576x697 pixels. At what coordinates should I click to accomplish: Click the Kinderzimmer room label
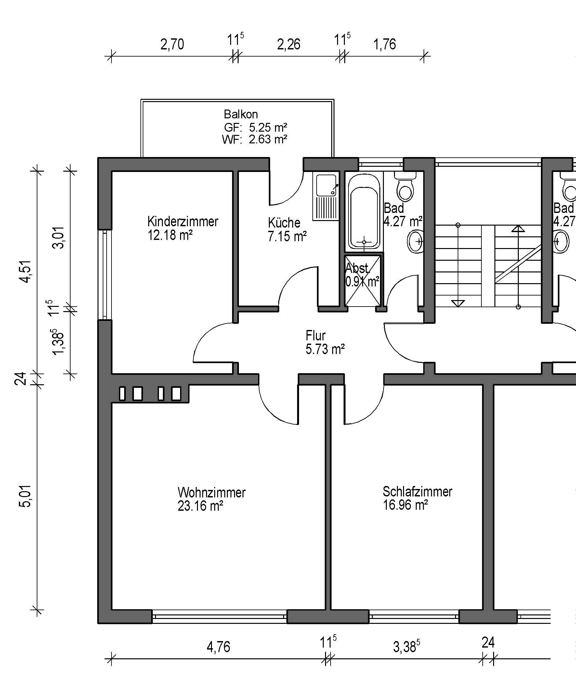coord(183,221)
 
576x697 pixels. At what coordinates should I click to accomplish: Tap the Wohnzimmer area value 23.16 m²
coord(200,506)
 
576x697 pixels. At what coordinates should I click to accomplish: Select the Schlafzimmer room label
coord(417,492)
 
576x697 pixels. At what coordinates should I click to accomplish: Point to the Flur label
coord(316,336)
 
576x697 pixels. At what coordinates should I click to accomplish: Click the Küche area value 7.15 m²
coord(287,236)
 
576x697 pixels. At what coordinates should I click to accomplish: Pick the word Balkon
coord(241,114)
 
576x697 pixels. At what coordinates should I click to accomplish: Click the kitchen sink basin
coord(326,185)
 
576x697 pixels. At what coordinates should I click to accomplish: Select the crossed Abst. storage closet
coord(363,280)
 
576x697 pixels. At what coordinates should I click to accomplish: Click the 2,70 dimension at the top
coord(172,45)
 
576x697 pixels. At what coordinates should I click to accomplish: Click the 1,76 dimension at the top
coord(385,45)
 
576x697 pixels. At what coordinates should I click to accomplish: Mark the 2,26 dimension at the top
coord(289,45)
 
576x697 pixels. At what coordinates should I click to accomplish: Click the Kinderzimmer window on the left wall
coord(105,275)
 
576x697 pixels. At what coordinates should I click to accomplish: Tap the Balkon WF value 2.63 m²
coord(268,139)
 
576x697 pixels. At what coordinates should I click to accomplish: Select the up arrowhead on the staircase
coord(518,228)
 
